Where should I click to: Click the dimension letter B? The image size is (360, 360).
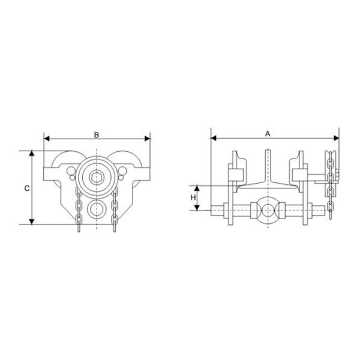tap(97, 134)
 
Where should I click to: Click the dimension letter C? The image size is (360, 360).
tap(27, 188)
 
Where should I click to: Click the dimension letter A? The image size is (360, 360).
tap(268, 134)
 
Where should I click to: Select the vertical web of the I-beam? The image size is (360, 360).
tap(268, 165)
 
